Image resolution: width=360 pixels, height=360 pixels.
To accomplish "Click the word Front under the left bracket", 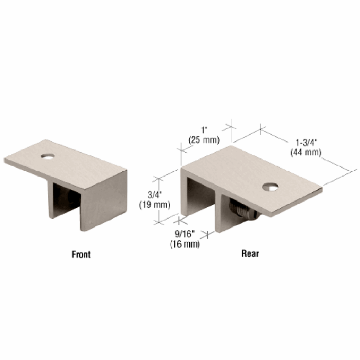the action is [x=81, y=255].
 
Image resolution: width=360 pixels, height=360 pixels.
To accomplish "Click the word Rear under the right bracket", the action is [x=250, y=254].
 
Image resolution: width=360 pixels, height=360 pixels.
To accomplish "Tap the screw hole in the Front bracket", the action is [x=48, y=156].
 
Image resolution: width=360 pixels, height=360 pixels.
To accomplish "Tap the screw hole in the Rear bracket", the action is [x=270, y=187].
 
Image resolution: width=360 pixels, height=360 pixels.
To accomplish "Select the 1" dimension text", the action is [x=204, y=130].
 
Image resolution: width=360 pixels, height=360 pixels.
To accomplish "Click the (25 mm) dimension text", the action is [x=204, y=140].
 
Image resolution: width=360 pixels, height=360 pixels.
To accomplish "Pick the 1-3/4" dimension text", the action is [x=306, y=142].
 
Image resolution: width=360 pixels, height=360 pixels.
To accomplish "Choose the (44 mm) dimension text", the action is [x=306, y=152].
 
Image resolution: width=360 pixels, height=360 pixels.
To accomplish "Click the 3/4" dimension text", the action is [x=155, y=195].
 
